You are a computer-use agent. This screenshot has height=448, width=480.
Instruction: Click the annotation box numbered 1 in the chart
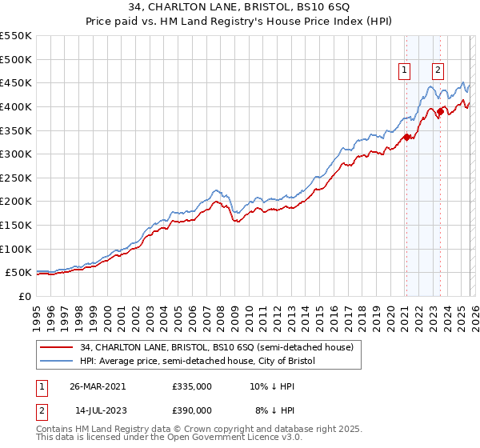pyautogui.click(x=405, y=70)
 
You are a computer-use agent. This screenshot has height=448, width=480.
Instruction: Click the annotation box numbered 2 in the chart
pyautogui.click(x=438, y=70)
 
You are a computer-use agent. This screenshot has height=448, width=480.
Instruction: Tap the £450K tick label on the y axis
pyautogui.click(x=16, y=82)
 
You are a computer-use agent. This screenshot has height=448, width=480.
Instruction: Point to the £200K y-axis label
pyautogui.click(x=16, y=201)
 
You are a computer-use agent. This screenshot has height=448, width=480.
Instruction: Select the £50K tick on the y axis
pyautogui.click(x=19, y=273)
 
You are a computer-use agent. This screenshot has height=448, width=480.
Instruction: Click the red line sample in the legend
pyautogui.click(x=56, y=348)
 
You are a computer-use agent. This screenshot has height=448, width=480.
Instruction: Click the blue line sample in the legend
pyautogui.click(x=56, y=362)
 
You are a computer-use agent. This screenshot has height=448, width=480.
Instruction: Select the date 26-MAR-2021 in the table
pyautogui.click(x=98, y=386)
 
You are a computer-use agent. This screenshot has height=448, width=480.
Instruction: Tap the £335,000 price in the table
pyautogui.click(x=192, y=386)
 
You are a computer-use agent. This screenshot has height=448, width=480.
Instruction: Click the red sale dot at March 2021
pyautogui.click(x=406, y=137)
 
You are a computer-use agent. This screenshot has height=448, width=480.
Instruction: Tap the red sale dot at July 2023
pyautogui.click(x=438, y=111)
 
